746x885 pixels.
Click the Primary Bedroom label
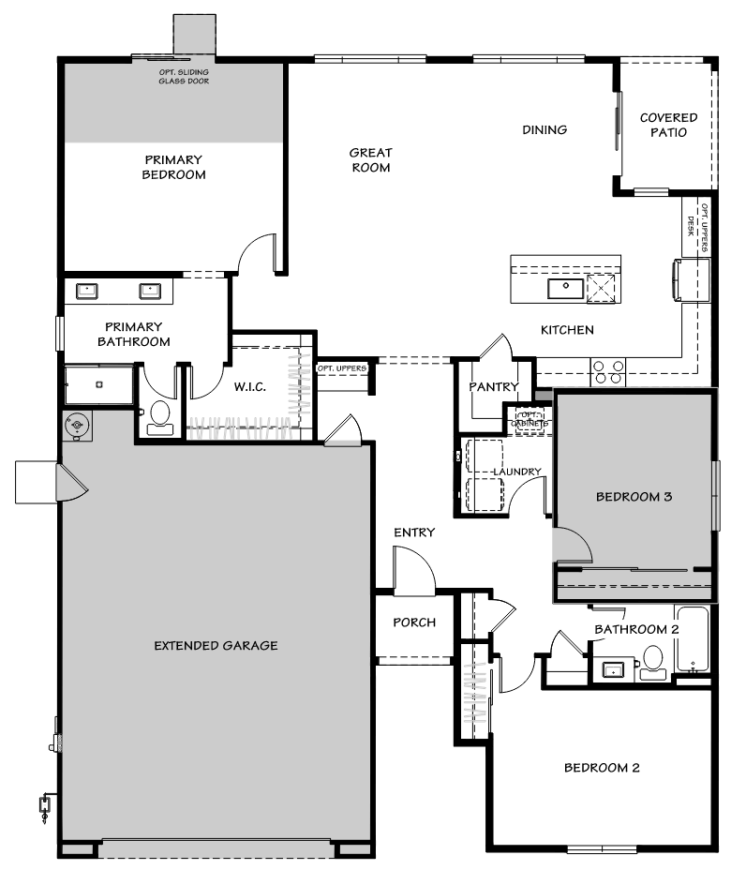[174, 167]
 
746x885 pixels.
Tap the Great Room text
[370, 159]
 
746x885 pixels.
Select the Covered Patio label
[668, 125]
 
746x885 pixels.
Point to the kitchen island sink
[566, 288]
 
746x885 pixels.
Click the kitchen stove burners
[607, 372]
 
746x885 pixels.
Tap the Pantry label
[493, 386]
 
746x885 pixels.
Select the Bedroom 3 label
[634, 497]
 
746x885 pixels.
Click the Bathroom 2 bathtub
[694, 640]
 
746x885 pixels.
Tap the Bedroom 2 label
[602, 768]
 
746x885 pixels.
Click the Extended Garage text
[216, 645]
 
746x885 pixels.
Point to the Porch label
[413, 622]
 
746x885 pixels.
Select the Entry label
[413, 532]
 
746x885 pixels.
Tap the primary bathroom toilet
[161, 417]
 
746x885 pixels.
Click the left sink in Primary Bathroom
[88, 291]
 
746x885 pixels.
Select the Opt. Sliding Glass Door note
[184, 77]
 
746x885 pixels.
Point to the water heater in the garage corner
[77, 426]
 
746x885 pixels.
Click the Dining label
[545, 129]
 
